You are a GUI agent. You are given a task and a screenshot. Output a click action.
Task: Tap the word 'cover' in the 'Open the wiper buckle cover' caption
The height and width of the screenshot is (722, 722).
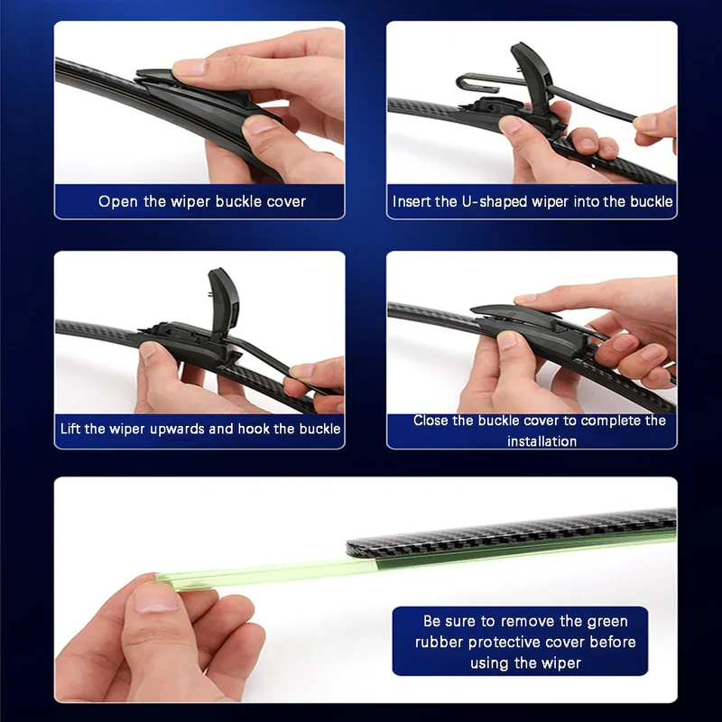[x=286, y=201]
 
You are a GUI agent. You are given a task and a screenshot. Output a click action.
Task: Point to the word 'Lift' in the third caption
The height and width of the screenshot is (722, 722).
[x=70, y=429]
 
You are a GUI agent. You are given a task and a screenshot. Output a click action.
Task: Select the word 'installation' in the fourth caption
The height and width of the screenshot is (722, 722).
[x=542, y=441]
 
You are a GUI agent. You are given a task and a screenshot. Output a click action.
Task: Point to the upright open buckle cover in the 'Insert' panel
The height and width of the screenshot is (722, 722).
[x=533, y=79]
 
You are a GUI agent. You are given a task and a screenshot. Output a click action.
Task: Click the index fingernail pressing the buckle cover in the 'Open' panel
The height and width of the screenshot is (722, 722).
[x=188, y=68]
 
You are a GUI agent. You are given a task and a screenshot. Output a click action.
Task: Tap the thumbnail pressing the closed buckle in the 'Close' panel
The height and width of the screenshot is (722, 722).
[x=507, y=341]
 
